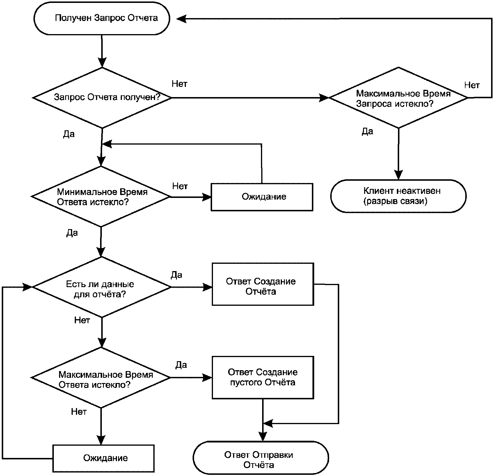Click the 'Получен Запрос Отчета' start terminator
(x=102, y=18)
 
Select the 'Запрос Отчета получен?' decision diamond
(x=102, y=98)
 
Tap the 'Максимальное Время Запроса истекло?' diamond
(x=398, y=98)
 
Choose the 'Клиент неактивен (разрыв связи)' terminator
(x=398, y=196)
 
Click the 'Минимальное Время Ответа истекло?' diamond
(x=101, y=196)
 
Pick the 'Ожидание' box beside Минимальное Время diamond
(x=262, y=197)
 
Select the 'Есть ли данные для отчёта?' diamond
(x=102, y=287)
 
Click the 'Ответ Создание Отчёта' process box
(x=263, y=284)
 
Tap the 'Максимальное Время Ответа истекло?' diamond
(x=101, y=377)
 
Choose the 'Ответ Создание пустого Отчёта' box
(x=263, y=377)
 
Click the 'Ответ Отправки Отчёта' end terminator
(x=261, y=457)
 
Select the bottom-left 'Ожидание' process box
(x=104, y=458)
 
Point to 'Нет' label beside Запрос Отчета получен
(x=180, y=84)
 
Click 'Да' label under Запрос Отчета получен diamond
(x=69, y=134)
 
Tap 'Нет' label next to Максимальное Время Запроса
(x=472, y=85)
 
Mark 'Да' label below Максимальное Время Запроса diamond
(x=367, y=131)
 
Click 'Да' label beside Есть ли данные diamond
(x=176, y=275)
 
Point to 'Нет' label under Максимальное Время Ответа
(x=79, y=412)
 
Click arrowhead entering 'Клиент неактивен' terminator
(x=398, y=174)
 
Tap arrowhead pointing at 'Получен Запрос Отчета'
(x=182, y=19)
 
